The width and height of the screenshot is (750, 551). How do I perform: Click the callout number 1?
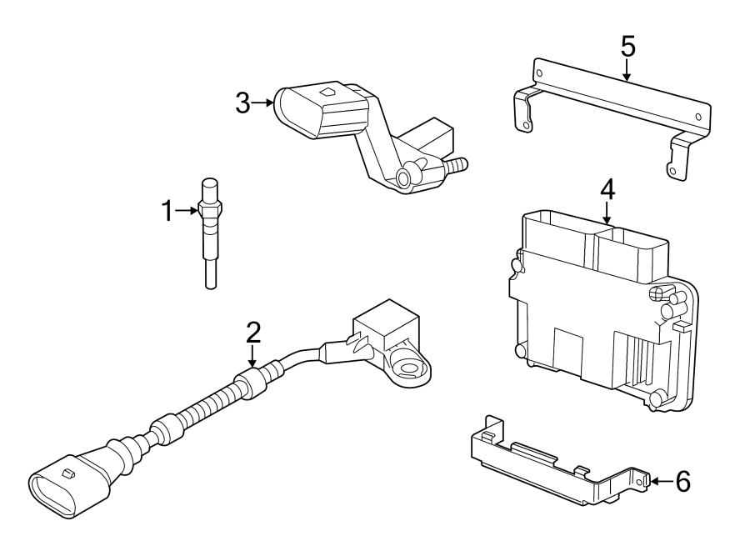click(167, 212)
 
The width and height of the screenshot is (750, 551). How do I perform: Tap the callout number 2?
click(253, 333)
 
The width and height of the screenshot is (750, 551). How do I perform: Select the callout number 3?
click(242, 103)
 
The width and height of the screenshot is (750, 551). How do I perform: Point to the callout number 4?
click(607, 189)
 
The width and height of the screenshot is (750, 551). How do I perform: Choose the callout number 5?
click(627, 47)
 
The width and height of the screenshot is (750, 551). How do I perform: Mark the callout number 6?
click(682, 482)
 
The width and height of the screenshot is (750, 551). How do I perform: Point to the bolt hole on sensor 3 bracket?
click(404, 176)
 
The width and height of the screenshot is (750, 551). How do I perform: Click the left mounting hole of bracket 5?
click(524, 127)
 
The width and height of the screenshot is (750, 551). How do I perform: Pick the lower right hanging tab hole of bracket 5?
click(672, 170)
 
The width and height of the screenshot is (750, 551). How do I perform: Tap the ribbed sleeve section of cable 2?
click(200, 408)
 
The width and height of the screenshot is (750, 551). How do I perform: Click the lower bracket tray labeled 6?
click(550, 467)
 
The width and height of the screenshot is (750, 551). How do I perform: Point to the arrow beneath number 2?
click(253, 356)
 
